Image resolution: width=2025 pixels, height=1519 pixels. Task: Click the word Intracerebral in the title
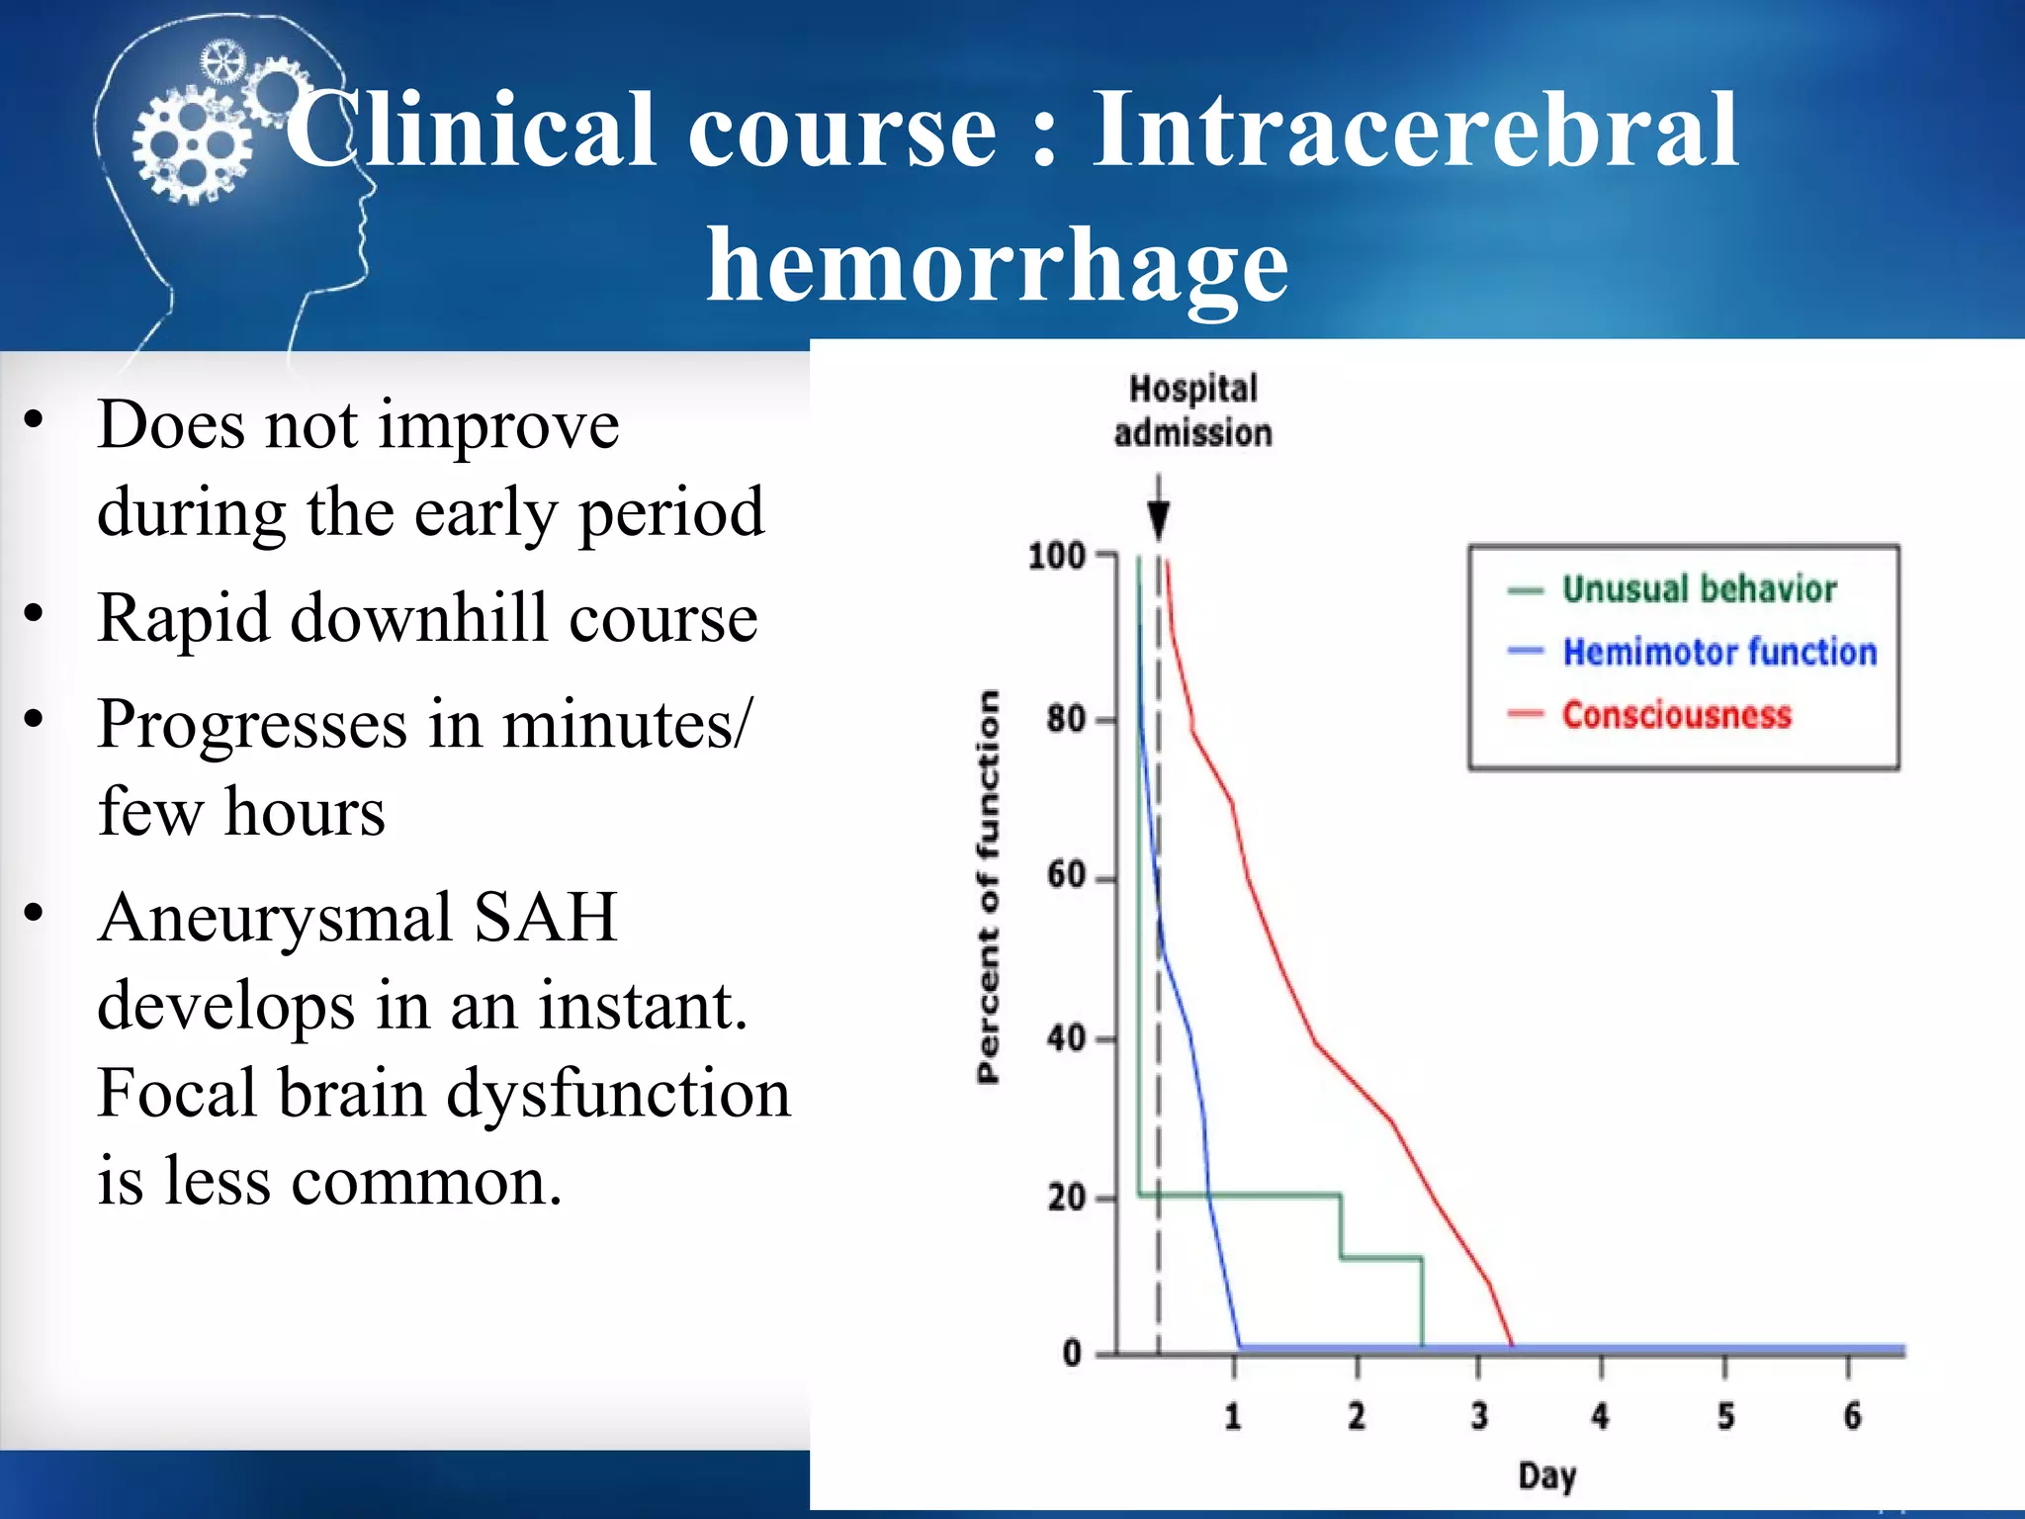click(x=1414, y=131)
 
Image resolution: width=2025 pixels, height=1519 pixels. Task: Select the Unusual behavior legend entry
click(x=1698, y=589)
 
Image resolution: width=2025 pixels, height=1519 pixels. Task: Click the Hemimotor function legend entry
click(x=1718, y=653)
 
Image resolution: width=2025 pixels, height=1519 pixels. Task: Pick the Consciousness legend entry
click(x=1676, y=715)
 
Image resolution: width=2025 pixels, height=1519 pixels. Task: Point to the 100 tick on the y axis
click(x=1057, y=556)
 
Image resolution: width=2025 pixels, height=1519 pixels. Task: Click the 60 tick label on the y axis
click(x=1066, y=876)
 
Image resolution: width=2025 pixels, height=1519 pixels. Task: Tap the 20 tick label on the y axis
click(x=1066, y=1199)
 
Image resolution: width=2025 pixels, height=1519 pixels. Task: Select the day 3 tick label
click(x=1478, y=1416)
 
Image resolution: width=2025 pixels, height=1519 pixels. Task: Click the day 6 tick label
click(x=1851, y=1416)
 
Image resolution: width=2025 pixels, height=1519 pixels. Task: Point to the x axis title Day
click(x=1546, y=1476)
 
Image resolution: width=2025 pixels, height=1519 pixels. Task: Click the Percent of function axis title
click(x=988, y=887)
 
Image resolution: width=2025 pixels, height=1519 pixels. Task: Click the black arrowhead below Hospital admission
click(x=1159, y=518)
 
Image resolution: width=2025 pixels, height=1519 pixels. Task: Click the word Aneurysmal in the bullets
click(x=274, y=918)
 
